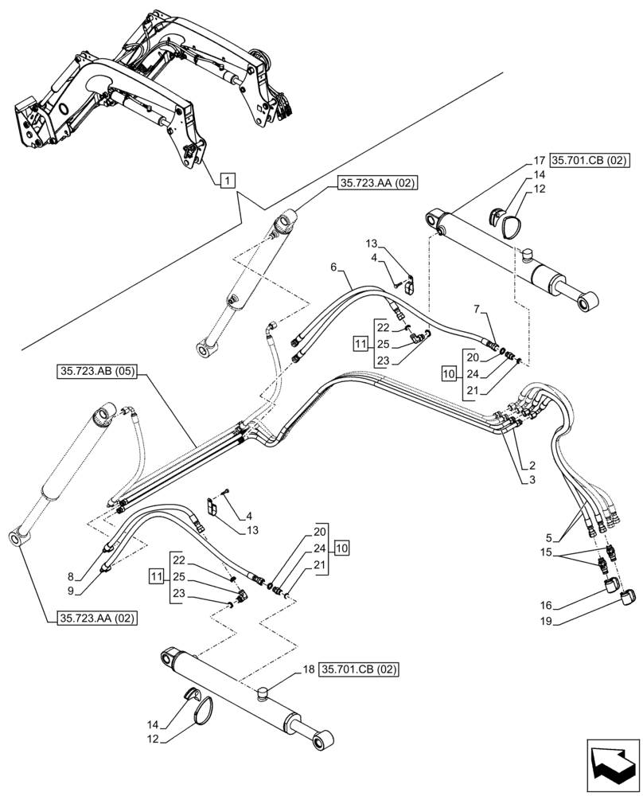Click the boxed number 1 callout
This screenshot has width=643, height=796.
[x=227, y=181]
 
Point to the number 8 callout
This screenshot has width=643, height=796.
[x=70, y=576]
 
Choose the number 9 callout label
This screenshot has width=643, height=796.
[x=70, y=591]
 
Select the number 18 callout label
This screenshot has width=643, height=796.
[x=309, y=671]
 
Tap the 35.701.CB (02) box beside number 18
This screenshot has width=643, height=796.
[x=360, y=671]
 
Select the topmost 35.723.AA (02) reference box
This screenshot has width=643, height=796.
[x=378, y=182]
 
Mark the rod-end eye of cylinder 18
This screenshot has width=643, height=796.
[x=323, y=743]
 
